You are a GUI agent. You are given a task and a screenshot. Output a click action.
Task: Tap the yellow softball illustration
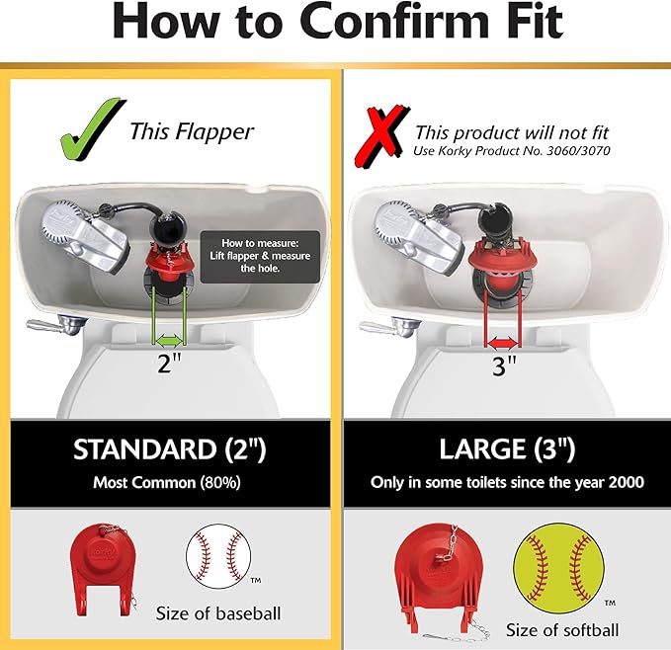[x=554, y=568]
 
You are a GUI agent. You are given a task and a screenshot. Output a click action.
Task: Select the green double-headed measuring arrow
[x=169, y=338]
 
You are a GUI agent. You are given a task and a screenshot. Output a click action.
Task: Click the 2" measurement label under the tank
[x=170, y=363]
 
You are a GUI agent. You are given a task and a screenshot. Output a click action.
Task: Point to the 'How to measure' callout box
[x=259, y=256]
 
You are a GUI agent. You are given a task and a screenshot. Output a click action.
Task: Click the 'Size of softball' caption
[x=561, y=629]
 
